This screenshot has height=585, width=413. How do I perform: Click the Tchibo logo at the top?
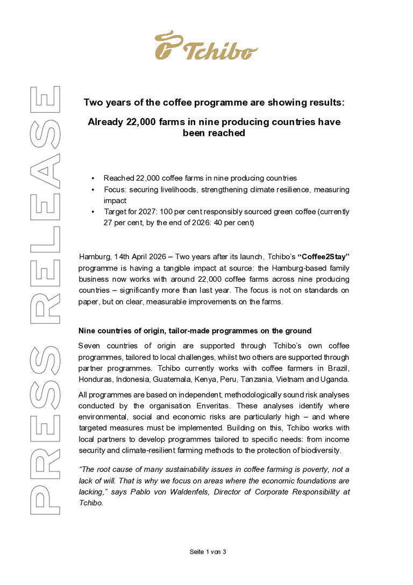tap(206, 46)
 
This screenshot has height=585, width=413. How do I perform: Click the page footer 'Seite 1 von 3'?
tap(207, 552)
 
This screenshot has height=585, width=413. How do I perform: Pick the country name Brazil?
tap(337, 367)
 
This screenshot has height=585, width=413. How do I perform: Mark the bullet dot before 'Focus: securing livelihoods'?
tap(92, 190)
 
